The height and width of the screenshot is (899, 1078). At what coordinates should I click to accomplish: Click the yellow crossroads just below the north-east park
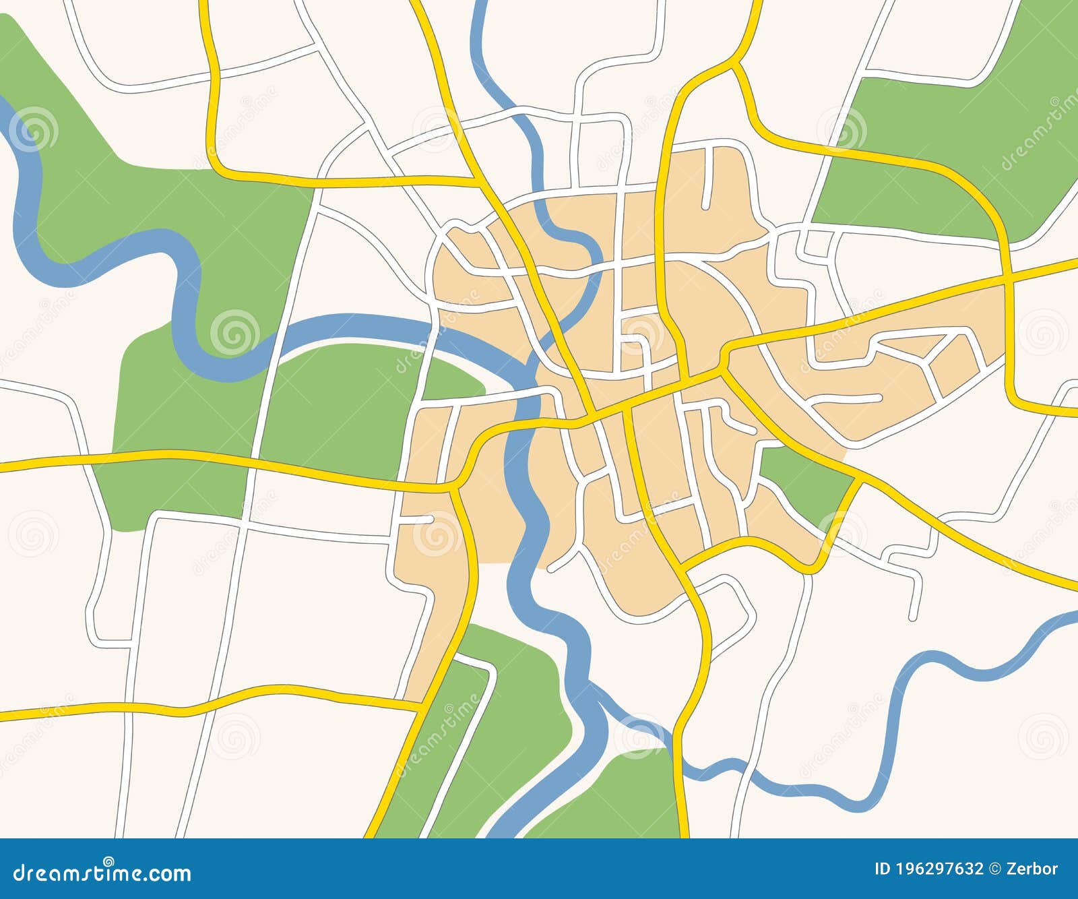coord(1009,275)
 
